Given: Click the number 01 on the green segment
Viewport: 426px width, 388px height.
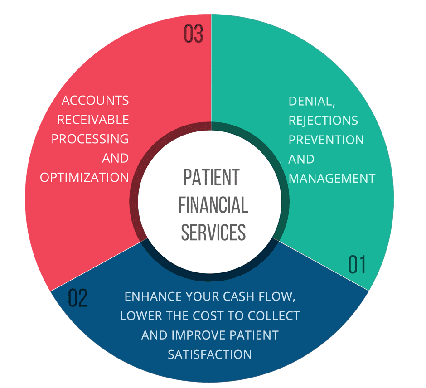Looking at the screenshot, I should point(357,265).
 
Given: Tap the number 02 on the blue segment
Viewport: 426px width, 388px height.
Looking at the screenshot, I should point(77,298).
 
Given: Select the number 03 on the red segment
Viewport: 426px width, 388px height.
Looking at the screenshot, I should point(194,34).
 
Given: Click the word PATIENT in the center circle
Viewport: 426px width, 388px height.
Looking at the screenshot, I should point(211,178).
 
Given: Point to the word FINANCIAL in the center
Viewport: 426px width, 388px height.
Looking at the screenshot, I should point(213,205).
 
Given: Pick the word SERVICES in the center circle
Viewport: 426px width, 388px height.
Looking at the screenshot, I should point(213,232).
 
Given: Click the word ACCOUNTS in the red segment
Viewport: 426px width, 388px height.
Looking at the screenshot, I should point(95,100).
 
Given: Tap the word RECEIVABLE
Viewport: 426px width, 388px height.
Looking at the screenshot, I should point(93,120).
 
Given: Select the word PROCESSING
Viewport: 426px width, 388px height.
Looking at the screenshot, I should point(90,139).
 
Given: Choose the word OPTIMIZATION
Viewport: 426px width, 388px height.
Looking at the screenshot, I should point(84,177).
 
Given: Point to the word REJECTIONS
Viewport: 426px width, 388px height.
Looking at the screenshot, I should point(323,121).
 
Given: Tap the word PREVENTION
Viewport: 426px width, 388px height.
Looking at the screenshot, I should point(326,140).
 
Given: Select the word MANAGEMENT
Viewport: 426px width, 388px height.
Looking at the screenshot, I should point(332,178).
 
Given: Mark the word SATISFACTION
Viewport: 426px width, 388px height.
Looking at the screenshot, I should point(210,354).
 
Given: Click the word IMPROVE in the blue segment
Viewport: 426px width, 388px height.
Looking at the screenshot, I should point(195,335).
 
